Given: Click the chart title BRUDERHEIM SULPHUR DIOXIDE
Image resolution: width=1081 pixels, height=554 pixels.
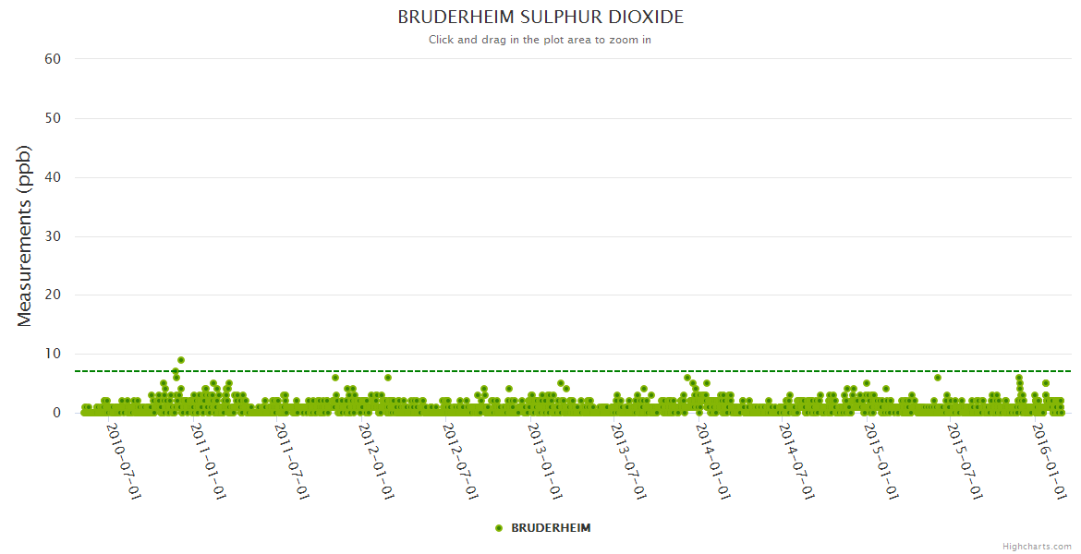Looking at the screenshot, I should tap(540, 18).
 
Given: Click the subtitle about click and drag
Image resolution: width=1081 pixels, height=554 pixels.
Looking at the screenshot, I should tap(540, 40).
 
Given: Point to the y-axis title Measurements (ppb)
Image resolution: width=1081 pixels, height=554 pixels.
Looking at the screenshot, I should tap(25, 235).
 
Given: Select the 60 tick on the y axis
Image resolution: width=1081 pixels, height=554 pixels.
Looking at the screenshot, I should tap(53, 59).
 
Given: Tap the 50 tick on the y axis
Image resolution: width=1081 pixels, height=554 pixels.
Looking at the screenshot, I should tap(53, 118).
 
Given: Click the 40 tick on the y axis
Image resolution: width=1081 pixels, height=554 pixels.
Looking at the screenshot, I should tap(53, 177).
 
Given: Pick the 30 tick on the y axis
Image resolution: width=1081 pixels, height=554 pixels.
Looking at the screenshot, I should tap(53, 236).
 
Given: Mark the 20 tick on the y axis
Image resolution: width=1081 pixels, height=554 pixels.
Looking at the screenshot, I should tap(53, 295).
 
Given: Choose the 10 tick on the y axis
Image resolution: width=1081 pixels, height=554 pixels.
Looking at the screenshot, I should tap(53, 355).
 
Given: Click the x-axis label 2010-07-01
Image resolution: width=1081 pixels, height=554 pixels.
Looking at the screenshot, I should tap(124, 461).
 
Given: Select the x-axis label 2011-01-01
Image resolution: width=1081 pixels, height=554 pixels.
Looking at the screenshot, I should tap(208, 461).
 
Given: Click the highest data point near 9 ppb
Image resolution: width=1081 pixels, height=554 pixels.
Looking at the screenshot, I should tap(181, 360).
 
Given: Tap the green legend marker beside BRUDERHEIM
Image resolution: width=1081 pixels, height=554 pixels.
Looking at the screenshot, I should tap(499, 528).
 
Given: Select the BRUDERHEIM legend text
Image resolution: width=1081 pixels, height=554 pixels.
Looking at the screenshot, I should tap(551, 528).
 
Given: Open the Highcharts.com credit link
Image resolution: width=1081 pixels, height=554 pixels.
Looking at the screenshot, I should tap(1037, 546).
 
